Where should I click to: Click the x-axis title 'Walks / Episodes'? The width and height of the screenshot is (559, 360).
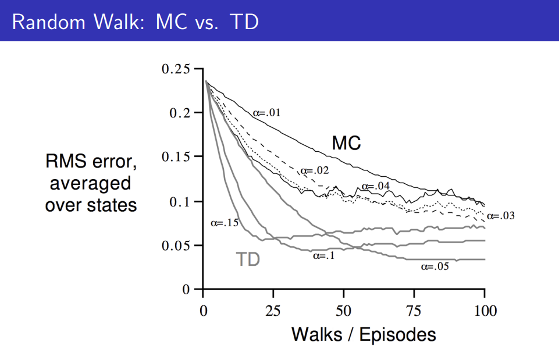point(364,334)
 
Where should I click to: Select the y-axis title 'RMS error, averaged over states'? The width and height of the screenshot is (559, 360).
point(91,184)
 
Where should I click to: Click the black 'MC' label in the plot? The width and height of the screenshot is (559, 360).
point(347,143)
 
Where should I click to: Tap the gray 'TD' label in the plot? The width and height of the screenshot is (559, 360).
point(247,259)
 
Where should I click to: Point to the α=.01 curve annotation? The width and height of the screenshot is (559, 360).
point(267,112)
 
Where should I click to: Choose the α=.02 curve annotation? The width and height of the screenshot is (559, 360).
point(315,171)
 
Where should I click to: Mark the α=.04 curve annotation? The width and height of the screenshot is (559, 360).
point(376,186)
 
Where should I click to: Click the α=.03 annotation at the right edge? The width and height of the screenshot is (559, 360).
point(500,216)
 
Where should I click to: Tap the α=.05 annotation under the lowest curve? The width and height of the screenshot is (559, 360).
point(435,266)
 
